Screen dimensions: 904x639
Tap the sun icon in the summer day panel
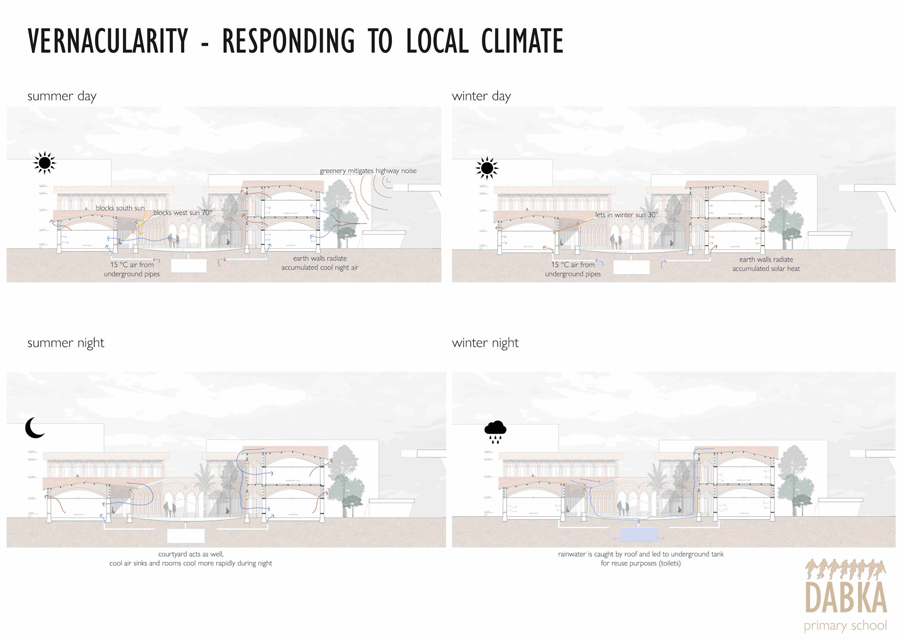45,163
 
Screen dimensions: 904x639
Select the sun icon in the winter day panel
487,168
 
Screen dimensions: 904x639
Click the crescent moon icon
34,428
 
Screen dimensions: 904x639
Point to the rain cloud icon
495,431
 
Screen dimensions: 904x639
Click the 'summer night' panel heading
65,343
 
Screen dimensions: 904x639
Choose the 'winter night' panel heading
485,343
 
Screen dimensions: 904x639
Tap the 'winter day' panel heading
481,96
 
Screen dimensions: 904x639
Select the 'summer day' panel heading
62,96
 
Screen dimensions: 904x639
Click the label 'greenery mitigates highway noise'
368,171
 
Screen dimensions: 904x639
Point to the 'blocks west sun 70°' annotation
183,213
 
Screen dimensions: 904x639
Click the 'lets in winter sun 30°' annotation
626,215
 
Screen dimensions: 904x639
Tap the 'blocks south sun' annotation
120,208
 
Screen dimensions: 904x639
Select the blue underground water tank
638,534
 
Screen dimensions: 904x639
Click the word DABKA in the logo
846,597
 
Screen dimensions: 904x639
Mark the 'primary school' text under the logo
845,625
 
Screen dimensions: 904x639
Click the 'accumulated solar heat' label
766,269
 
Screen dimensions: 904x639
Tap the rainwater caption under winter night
640,558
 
